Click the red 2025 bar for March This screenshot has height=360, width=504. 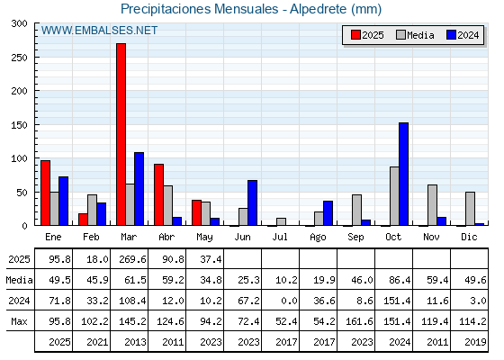pyautogui.click(x=121, y=134)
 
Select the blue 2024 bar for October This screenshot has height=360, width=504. pyautogui.click(x=404, y=174)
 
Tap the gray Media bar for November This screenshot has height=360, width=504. pyautogui.click(x=432, y=205)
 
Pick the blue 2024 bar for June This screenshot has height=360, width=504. pyautogui.click(x=252, y=202)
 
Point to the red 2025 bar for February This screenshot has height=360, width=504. pyautogui.click(x=83, y=220)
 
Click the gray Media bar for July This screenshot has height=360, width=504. pyautogui.click(x=281, y=221)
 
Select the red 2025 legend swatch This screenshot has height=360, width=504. pyautogui.click(x=355, y=35)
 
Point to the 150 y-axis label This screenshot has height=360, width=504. pyautogui.click(x=20, y=125)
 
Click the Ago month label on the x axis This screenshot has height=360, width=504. pyautogui.click(x=318, y=238)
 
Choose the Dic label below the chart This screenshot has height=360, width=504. pyautogui.click(x=469, y=237)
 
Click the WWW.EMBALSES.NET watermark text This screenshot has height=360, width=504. pyautogui.click(x=99, y=31)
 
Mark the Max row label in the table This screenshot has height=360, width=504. pyautogui.click(x=19, y=321)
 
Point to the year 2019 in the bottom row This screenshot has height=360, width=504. pyautogui.click(x=475, y=342)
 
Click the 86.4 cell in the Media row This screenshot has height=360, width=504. pyautogui.click(x=400, y=280)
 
